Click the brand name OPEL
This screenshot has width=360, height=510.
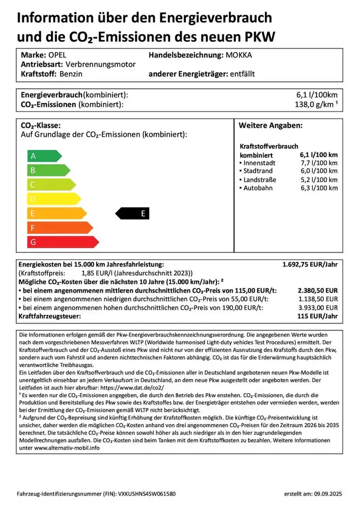click(56, 55)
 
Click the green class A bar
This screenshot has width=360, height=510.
click(44, 156)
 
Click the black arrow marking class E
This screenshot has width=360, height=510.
click(133, 214)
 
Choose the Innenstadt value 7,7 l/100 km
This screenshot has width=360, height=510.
click(318, 163)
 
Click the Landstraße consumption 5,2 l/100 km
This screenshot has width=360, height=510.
click(318, 180)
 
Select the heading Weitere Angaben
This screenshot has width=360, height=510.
click(270, 126)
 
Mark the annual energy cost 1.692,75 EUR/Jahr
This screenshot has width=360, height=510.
click(310, 264)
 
